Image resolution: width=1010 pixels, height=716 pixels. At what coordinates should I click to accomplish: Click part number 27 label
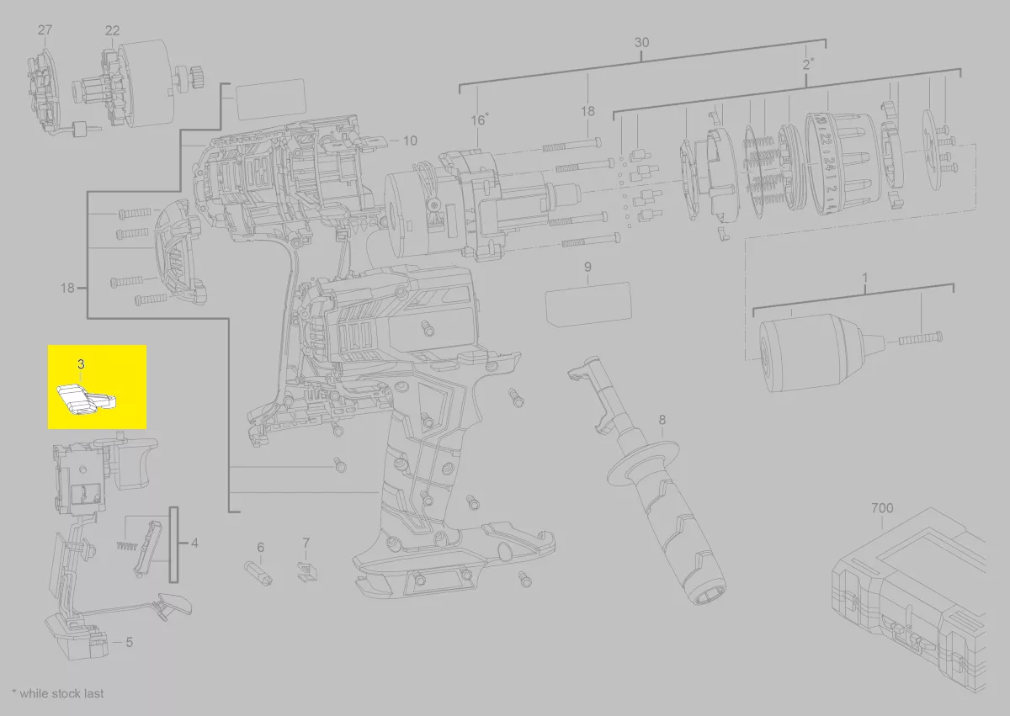coord(45,30)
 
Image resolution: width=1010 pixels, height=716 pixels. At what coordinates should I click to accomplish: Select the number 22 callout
coord(112,30)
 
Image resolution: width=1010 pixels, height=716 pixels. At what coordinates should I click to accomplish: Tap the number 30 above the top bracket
coord(641,43)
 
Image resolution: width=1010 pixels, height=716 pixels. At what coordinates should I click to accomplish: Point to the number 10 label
coord(410,141)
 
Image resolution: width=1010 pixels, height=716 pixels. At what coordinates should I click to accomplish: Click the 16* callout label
coord(480,119)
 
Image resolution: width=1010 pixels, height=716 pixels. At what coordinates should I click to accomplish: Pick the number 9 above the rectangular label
coord(587,267)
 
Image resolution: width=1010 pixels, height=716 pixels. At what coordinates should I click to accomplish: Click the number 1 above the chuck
coord(865,278)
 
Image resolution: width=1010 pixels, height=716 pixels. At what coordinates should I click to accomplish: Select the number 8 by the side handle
coord(662,420)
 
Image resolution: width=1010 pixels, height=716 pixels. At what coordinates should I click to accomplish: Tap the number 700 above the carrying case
coord(882,508)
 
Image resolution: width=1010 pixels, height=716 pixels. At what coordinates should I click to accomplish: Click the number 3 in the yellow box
coord(81,364)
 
